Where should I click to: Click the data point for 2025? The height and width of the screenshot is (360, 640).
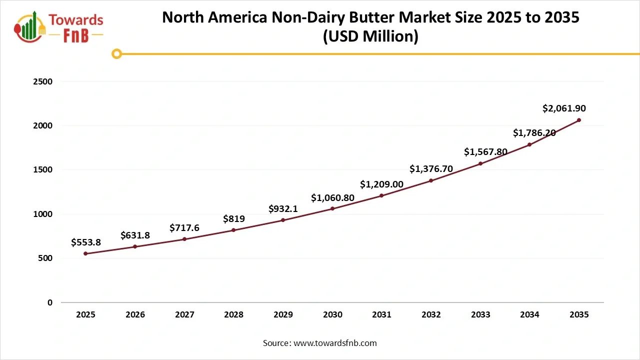(x=85, y=253)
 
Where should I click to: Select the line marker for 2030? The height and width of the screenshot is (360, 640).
(x=332, y=208)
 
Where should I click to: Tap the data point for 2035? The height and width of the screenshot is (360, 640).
(x=579, y=120)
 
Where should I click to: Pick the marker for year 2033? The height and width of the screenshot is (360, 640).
(x=480, y=163)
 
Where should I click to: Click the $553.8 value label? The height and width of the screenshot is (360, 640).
(x=85, y=242)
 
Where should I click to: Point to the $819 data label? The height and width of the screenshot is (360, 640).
(x=233, y=218)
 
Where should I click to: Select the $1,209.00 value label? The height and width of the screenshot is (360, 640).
(x=381, y=184)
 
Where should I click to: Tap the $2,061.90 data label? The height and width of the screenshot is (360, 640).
(x=564, y=108)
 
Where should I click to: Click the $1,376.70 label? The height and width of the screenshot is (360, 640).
(x=431, y=169)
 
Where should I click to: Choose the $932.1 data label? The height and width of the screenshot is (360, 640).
(x=283, y=208)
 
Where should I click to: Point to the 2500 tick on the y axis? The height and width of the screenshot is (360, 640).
(x=42, y=81)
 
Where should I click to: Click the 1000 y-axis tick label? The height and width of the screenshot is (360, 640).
(x=42, y=214)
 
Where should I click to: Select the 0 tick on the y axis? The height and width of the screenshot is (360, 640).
(x=50, y=302)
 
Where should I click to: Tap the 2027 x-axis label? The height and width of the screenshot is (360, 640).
(x=184, y=315)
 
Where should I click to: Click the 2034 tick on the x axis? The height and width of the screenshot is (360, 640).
(x=529, y=315)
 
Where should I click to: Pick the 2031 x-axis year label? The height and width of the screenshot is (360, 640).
(x=381, y=315)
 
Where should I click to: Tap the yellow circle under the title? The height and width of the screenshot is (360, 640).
(x=116, y=53)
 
